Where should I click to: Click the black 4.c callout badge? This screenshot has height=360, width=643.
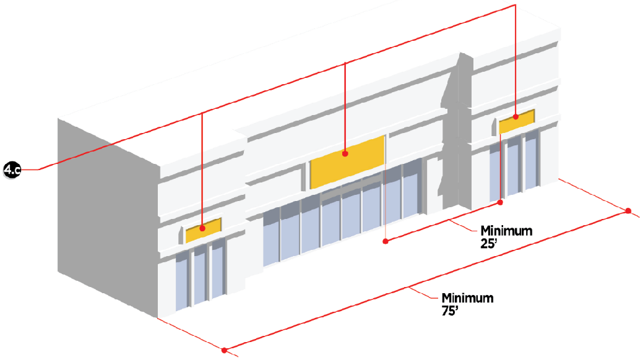pyautogui.click(x=12, y=169)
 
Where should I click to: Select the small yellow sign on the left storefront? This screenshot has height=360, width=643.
pyautogui.click(x=203, y=230)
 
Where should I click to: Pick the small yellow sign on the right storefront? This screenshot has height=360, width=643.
pyautogui.click(x=517, y=122)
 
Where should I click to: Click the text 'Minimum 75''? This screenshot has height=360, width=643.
pyautogui.click(x=468, y=304)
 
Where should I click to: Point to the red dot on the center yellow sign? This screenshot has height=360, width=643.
pyautogui.click(x=345, y=153)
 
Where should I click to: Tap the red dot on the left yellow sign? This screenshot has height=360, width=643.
pyautogui.click(x=202, y=229)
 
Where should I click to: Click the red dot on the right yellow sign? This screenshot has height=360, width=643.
pyautogui.click(x=516, y=116)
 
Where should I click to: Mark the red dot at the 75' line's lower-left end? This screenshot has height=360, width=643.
pyautogui.click(x=225, y=351)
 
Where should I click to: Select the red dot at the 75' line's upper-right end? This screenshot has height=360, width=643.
pyautogui.click(x=628, y=212)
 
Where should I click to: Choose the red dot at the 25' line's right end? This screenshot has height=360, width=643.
pyautogui.click(x=501, y=202)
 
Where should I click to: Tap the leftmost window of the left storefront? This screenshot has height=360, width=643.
pyautogui.click(x=181, y=281)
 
